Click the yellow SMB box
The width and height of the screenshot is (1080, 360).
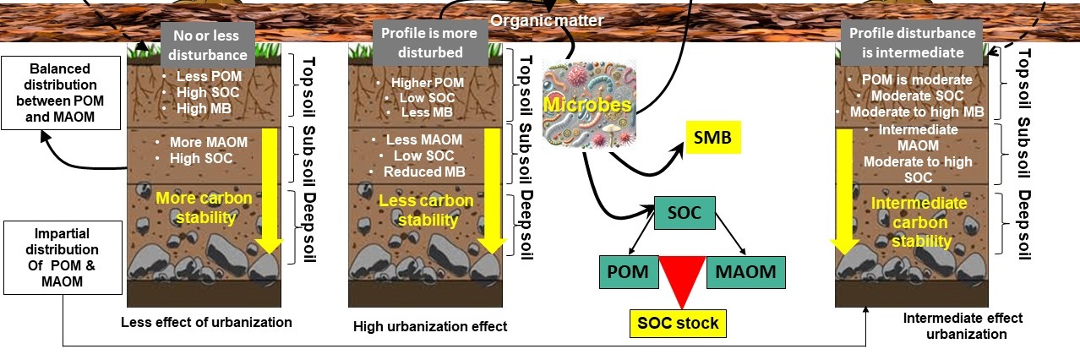point(712,137)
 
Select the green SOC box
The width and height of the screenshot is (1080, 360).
point(685,212)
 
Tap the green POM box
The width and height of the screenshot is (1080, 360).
point(628,272)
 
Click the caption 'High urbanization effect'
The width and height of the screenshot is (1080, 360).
point(430,326)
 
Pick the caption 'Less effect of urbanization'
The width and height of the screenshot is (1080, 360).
point(206,321)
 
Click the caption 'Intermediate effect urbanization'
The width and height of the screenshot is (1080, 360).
point(963,325)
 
